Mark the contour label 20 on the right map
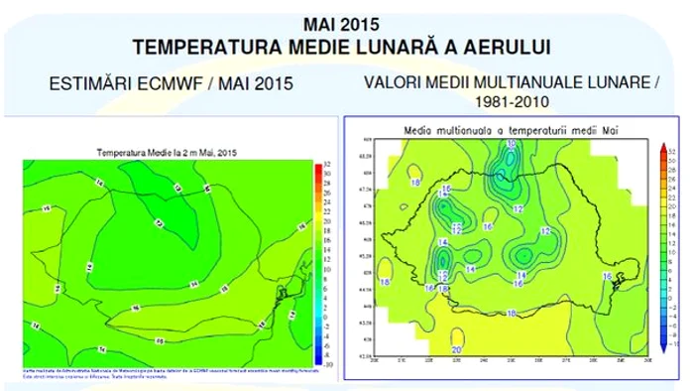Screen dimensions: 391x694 tap(457, 349)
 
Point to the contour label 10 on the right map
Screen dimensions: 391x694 tap(511, 145)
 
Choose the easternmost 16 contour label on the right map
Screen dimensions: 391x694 tap(607, 276)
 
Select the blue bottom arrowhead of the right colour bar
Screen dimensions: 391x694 tap(661, 350)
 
